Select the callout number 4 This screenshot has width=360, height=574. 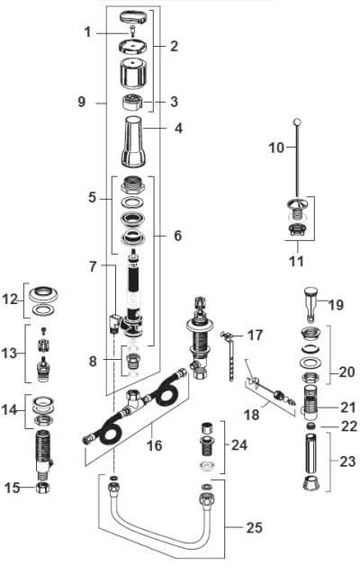pyautogui.click(x=178, y=128)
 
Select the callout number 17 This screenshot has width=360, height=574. pyautogui.click(x=256, y=336)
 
